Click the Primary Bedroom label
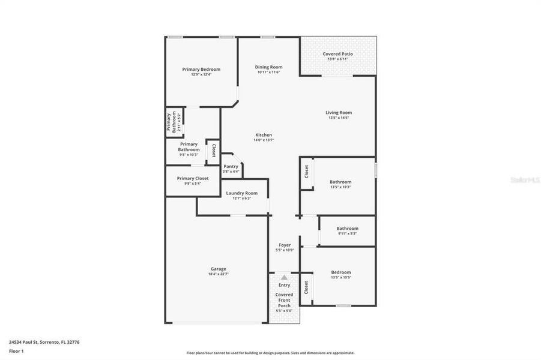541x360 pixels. [x=201, y=69]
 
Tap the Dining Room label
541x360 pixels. [x=268, y=67]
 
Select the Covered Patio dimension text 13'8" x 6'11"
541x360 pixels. [x=337, y=59]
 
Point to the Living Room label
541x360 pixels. [x=339, y=112]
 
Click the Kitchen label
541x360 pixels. [x=264, y=135]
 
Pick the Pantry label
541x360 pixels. [x=231, y=166]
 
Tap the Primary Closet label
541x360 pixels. [x=193, y=178]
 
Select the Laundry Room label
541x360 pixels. [x=241, y=193]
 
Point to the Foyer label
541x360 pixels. [x=285, y=245]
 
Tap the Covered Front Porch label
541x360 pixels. [x=284, y=300]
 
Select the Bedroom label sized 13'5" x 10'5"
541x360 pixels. [x=340, y=272]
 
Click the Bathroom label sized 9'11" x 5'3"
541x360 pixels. [x=347, y=228]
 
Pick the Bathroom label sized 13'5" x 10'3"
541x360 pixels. [x=340, y=182]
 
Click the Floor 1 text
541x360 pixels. [x=16, y=350]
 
